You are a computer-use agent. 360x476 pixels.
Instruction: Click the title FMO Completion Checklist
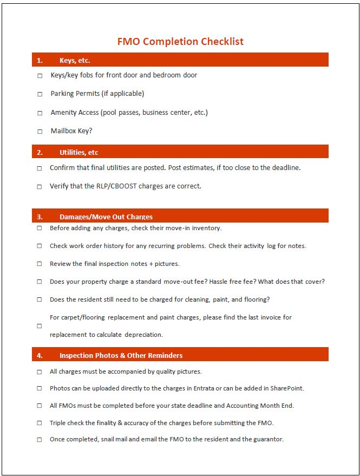(x=180, y=41)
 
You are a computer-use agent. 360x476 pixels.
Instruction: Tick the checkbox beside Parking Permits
(x=40, y=94)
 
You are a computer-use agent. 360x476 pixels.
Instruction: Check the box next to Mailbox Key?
(x=40, y=132)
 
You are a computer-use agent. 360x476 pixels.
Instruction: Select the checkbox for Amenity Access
(x=40, y=113)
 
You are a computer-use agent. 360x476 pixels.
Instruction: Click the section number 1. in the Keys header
(x=40, y=61)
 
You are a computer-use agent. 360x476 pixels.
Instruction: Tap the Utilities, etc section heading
(x=78, y=152)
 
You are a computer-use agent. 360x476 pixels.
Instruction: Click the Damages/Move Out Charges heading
(x=106, y=217)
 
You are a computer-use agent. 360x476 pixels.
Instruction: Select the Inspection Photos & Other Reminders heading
(x=121, y=355)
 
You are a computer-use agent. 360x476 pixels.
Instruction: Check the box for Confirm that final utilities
(x=39, y=168)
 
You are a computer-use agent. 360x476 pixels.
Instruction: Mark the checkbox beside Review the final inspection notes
(x=39, y=264)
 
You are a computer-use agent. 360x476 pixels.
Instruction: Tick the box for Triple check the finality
(x=39, y=423)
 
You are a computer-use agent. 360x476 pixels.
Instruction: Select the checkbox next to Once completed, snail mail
(x=39, y=440)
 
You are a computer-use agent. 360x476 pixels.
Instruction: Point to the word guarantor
(x=266, y=439)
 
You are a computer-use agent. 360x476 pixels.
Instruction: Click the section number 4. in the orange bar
(x=40, y=355)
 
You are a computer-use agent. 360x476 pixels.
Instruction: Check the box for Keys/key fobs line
(x=40, y=76)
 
